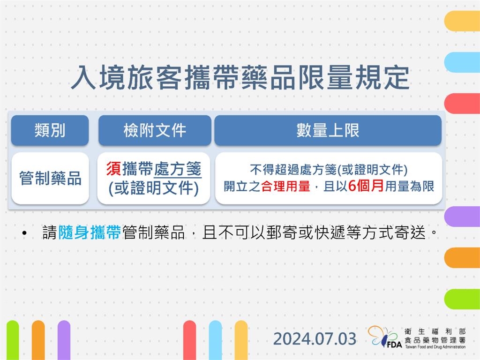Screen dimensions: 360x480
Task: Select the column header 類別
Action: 50,130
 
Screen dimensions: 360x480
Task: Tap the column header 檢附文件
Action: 155,130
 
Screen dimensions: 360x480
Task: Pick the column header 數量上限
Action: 328,130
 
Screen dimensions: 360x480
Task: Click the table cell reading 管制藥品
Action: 50,178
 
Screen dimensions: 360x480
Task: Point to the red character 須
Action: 114,168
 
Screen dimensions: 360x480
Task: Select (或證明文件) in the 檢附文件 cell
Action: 154,188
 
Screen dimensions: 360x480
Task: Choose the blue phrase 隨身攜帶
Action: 90,232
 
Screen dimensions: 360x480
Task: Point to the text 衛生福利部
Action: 435,331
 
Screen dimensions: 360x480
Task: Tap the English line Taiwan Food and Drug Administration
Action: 435,347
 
